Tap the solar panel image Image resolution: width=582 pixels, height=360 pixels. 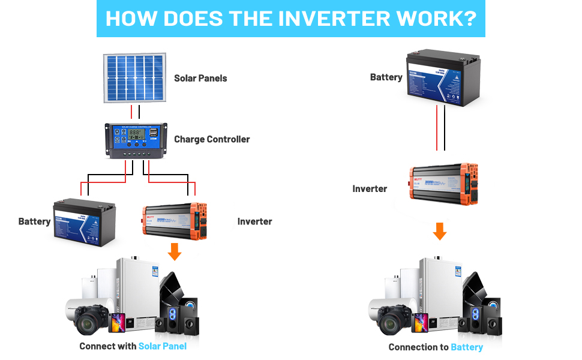[x=135, y=78]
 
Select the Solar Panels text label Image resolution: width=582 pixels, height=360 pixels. [x=200, y=78]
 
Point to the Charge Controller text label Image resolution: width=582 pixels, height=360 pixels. [x=212, y=139]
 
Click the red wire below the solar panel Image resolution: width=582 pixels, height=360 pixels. [x=131, y=112]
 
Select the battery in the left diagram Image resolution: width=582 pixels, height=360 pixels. [x=84, y=222]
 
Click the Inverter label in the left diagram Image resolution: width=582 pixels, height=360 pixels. [x=254, y=221]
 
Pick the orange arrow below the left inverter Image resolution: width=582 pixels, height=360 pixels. [x=175, y=252]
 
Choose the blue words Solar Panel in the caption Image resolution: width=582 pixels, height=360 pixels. [x=162, y=346]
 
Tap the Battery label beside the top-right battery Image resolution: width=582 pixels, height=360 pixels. [x=386, y=77]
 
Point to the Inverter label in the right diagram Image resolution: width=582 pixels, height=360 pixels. [x=370, y=188]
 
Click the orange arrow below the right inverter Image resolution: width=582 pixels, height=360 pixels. [x=440, y=232]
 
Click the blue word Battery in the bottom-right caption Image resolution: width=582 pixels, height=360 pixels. [x=467, y=347]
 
